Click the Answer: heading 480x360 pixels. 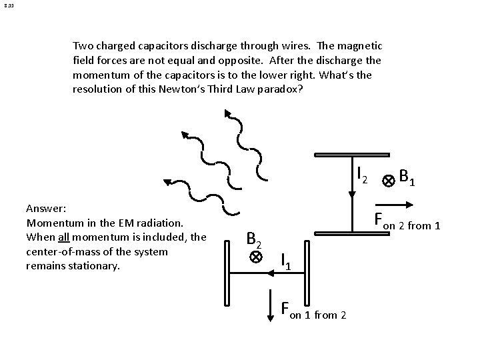(x=45, y=207)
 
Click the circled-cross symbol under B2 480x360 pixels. (x=255, y=257)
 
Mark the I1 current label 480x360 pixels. (x=285, y=261)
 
